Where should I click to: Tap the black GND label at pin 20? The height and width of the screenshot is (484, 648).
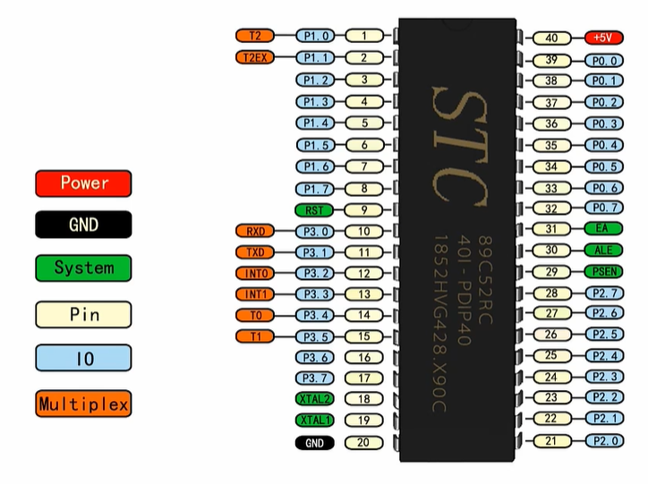click(x=314, y=443)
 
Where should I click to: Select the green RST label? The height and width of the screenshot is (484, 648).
click(x=314, y=210)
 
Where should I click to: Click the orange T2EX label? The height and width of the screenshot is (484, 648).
click(x=255, y=58)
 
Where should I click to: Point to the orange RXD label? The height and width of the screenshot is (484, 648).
click(x=255, y=232)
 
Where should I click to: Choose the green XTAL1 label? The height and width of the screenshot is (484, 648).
click(x=314, y=420)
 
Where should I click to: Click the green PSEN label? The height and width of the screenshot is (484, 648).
click(x=602, y=272)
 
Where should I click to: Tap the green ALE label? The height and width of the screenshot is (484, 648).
click(x=602, y=250)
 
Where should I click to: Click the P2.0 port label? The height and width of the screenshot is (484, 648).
click(x=602, y=440)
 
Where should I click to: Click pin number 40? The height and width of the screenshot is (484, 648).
click(x=551, y=38)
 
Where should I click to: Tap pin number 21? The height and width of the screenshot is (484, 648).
click(x=551, y=440)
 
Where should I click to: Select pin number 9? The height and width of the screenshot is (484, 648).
click(x=364, y=210)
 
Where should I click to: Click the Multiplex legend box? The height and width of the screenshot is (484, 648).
click(x=84, y=403)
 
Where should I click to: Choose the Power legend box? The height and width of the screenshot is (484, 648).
click(x=84, y=183)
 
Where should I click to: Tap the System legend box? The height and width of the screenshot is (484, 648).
click(x=84, y=267)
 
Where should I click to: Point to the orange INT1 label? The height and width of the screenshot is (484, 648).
click(x=255, y=294)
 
